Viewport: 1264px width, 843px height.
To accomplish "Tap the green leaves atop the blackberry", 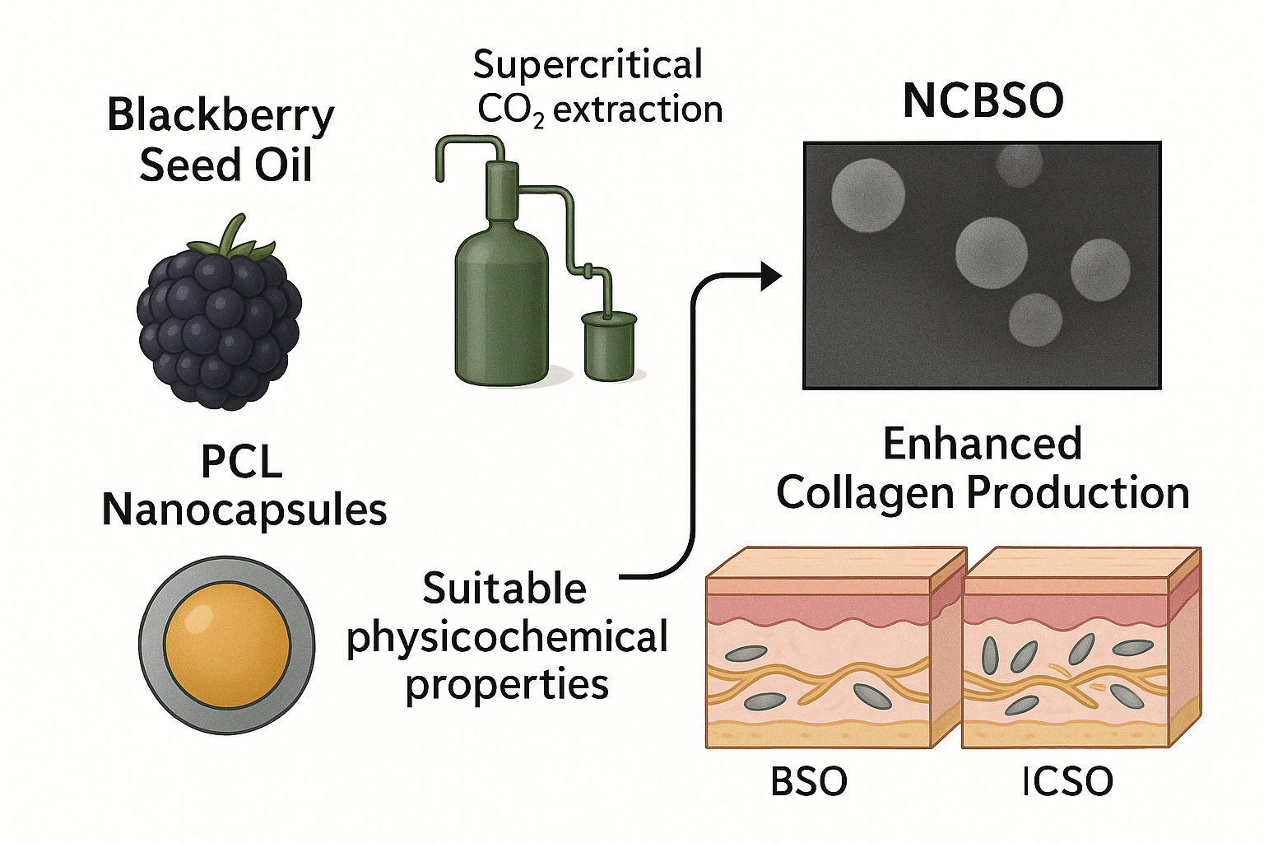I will [232, 237].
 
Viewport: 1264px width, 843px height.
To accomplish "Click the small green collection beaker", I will [609, 346].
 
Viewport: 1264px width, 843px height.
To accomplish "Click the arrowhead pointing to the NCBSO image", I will [770, 277].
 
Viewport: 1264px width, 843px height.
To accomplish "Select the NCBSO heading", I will [983, 100].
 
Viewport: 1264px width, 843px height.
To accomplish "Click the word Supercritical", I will [588, 64].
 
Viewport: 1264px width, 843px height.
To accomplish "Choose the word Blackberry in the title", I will [221, 115].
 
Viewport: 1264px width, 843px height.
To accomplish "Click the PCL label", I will [242, 462].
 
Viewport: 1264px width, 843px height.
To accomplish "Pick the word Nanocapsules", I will [244, 510].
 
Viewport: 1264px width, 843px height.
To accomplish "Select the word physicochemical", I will [507, 638].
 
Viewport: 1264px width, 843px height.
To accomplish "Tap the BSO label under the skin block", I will [809, 781].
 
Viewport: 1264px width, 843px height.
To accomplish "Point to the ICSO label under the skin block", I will [1067, 781].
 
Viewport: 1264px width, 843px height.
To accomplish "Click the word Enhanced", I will [983, 445].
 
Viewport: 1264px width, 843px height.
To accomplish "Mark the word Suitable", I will [504, 589].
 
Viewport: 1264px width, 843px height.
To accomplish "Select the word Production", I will [1078, 493].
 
